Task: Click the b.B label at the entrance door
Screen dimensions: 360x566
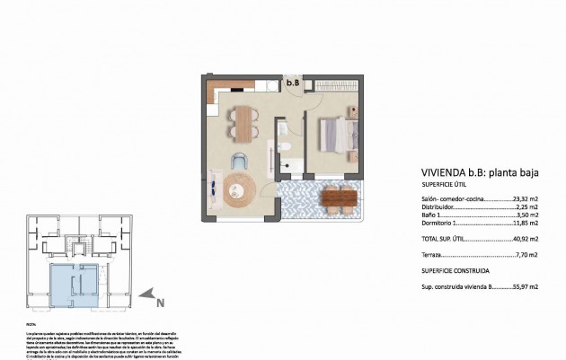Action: pyautogui.click(x=293, y=83)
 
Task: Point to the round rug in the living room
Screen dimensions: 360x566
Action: pyautogui.click(x=240, y=190)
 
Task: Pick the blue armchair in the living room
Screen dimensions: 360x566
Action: pyautogui.click(x=238, y=161)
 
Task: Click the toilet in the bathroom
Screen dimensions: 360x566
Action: pyautogui.click(x=282, y=145)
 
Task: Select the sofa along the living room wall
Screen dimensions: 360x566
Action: pyautogui.click(x=213, y=189)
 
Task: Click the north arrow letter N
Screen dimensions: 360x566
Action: pyautogui.click(x=160, y=303)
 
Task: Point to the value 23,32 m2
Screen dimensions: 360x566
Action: pyautogui.click(x=525, y=200)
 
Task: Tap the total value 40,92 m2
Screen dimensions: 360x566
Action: pyautogui.click(x=525, y=238)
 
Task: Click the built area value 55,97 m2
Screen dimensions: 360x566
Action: pyautogui.click(x=525, y=286)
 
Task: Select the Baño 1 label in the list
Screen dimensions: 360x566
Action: pyautogui.click(x=433, y=216)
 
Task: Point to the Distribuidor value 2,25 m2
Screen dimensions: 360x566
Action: pyautogui.click(x=526, y=208)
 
